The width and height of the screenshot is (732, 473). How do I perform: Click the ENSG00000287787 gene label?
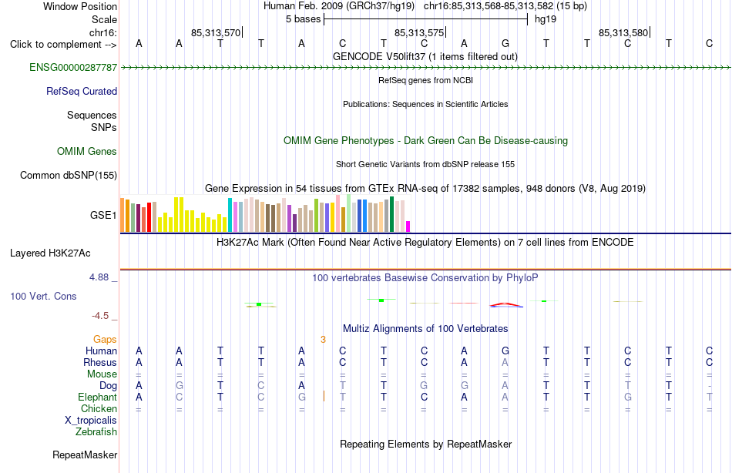(73, 68)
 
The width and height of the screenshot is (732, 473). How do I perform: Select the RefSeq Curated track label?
(82, 92)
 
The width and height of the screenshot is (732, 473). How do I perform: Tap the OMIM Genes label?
(87, 151)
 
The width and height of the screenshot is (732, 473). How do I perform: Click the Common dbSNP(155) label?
(69, 176)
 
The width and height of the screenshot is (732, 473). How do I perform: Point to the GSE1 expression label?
(103, 215)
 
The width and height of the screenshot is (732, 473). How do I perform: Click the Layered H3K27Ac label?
(50, 253)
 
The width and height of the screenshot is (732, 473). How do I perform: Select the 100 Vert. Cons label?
(43, 297)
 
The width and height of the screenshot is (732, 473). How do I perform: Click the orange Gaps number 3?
(323, 340)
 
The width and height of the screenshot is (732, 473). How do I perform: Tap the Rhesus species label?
(100, 363)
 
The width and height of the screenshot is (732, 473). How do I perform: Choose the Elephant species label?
(98, 398)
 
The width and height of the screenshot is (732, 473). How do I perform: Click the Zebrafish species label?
(96, 432)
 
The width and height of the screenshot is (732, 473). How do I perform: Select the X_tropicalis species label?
(91, 421)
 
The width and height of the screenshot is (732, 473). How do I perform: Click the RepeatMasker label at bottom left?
(85, 455)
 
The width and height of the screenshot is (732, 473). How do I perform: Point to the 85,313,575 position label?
(419, 32)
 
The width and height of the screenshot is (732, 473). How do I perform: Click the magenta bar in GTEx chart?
(408, 226)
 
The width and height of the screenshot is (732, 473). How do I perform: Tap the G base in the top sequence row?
(505, 44)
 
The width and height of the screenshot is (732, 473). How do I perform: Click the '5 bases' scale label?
(304, 19)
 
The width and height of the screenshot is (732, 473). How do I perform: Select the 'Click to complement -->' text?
(63, 45)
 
